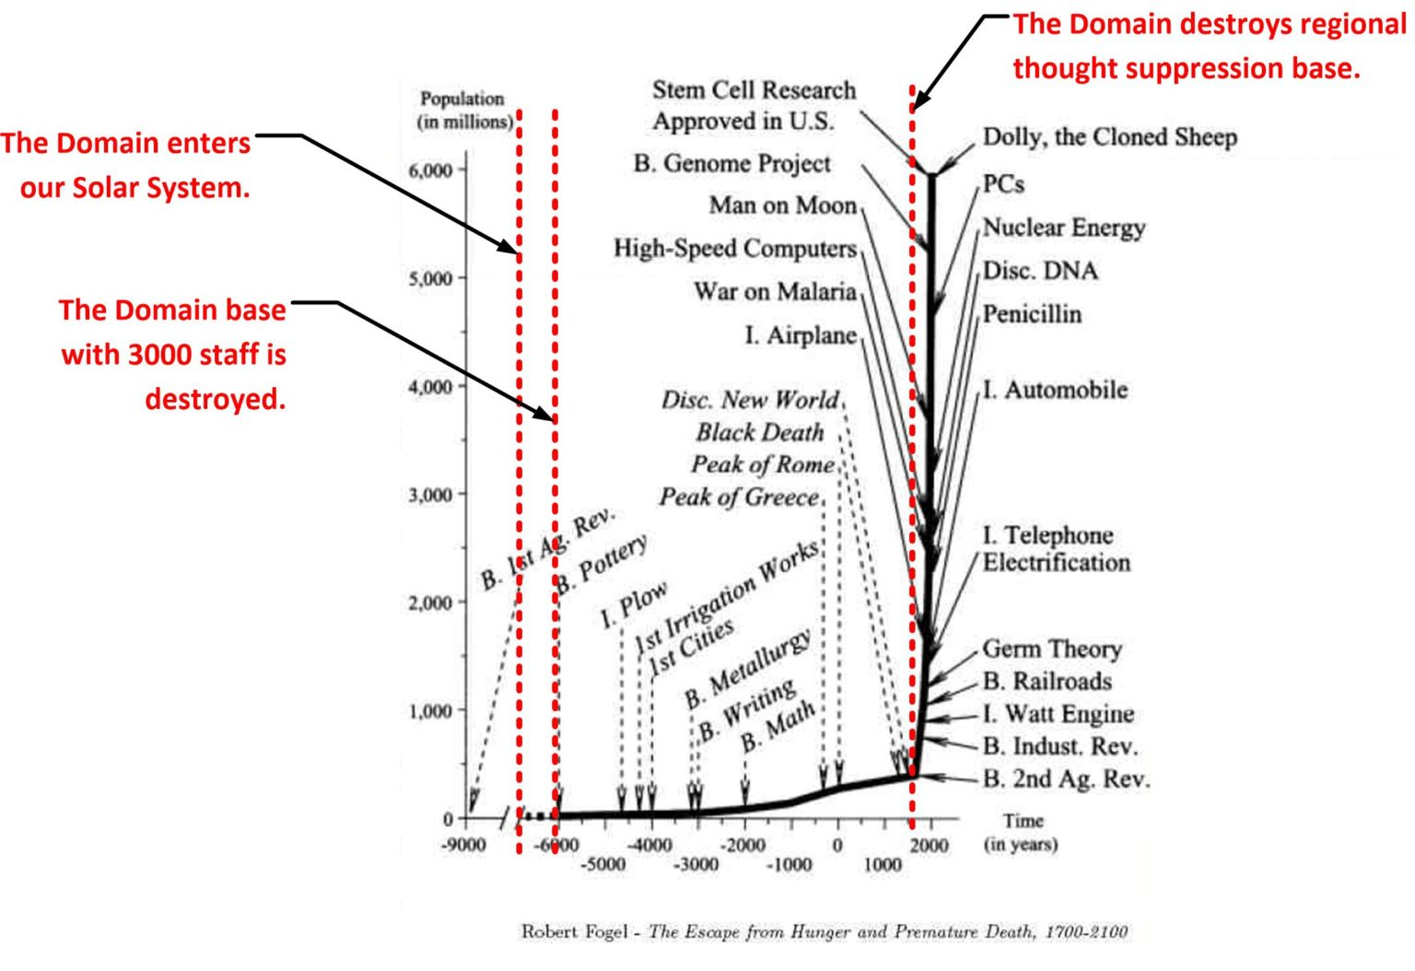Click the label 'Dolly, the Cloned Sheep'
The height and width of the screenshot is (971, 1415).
tap(1109, 137)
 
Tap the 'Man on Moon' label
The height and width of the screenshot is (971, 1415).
tap(782, 205)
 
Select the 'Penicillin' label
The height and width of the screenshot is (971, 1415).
tap(1032, 314)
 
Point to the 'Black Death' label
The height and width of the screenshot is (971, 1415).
tap(759, 432)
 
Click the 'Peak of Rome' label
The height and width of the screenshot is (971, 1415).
tap(763, 464)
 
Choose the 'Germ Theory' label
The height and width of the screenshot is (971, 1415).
tap(1052, 649)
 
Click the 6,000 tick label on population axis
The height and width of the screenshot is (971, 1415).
tap(430, 170)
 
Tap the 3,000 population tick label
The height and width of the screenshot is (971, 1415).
tap(430, 495)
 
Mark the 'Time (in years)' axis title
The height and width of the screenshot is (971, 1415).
tap(1022, 832)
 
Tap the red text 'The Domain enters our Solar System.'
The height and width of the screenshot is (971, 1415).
tap(126, 165)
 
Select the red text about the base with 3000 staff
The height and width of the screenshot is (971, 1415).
tap(173, 355)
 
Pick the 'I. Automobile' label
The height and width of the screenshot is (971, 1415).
tap(1055, 390)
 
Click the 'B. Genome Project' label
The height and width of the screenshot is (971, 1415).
tap(731, 163)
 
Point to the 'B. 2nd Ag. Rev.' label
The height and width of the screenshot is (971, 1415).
tap(1066, 779)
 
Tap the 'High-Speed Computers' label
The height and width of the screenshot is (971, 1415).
tap(734, 248)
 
